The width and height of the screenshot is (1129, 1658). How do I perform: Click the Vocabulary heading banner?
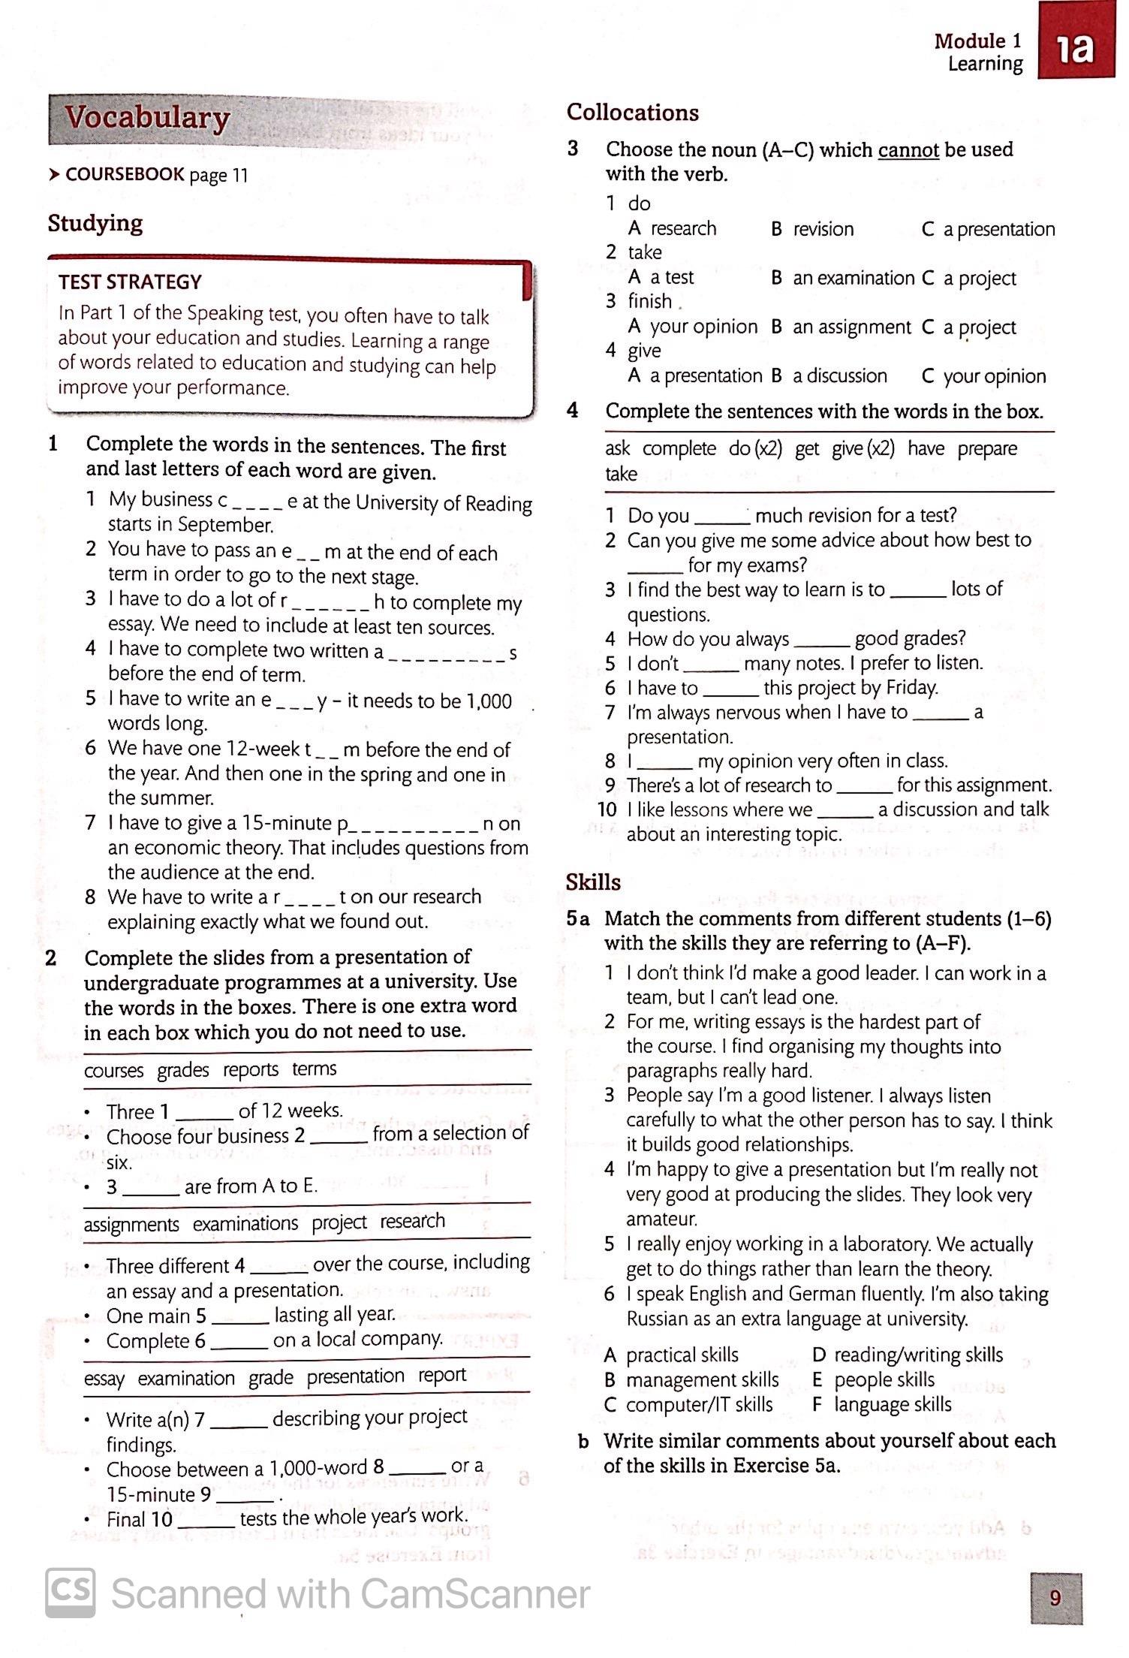pos(147,119)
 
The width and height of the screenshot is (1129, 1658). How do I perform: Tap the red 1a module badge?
pos(1076,50)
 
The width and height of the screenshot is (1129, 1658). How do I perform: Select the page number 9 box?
pos(1055,1598)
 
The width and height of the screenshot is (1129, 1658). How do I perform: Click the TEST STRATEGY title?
pos(130,282)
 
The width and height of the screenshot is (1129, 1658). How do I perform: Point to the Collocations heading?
pos(632,113)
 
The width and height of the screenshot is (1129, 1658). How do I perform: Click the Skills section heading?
pos(593,882)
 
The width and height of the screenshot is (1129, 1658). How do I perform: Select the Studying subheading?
pos(95,224)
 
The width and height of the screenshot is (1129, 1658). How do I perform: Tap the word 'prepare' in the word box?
pos(987,449)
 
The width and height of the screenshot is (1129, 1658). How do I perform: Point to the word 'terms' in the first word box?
pos(314,1069)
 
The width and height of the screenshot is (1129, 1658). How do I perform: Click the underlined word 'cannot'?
pos(908,150)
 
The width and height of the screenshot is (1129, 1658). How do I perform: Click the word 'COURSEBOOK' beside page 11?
pos(125,175)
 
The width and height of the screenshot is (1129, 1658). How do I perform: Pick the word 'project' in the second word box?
pos(339,1223)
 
